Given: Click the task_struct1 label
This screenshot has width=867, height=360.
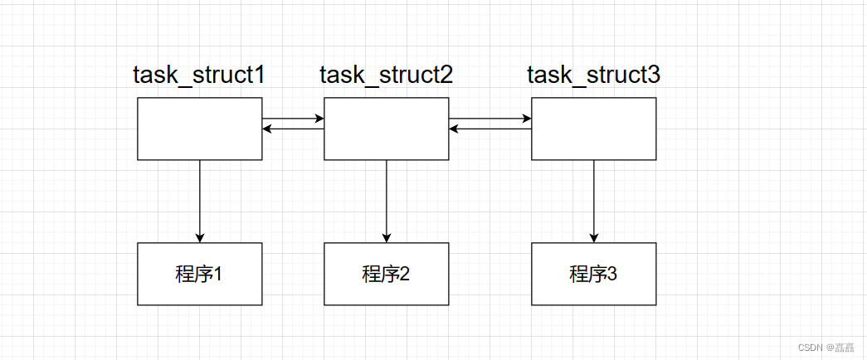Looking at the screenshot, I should [x=199, y=75].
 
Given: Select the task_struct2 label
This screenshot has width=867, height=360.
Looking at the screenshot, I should [x=386, y=75].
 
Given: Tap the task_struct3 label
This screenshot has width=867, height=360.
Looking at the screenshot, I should [x=593, y=75].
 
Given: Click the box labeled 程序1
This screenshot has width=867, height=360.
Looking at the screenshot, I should [x=199, y=274].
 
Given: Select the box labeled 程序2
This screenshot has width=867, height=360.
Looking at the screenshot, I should [x=386, y=274].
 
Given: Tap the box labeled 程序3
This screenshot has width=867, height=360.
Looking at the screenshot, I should [x=593, y=274].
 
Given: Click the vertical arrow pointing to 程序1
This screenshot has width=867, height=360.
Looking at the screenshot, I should [x=199, y=199].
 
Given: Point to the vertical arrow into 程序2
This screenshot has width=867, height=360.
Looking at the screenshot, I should [x=386, y=199].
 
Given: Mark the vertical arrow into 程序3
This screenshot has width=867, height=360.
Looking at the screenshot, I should [x=593, y=199].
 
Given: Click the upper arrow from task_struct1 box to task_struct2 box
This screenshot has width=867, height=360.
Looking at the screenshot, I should [x=293, y=119].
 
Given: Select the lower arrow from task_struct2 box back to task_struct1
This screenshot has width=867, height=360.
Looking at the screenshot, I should [x=293, y=129].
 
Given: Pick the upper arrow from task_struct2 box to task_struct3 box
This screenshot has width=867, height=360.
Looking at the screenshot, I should [x=490, y=119].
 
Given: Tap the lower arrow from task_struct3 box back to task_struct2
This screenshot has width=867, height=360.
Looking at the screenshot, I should [x=490, y=129].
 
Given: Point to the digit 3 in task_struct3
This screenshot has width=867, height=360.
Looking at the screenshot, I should [x=654, y=75].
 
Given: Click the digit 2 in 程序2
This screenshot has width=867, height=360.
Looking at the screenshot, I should [x=404, y=274].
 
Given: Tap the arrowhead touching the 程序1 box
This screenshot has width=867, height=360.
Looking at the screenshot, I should [x=199, y=238].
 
